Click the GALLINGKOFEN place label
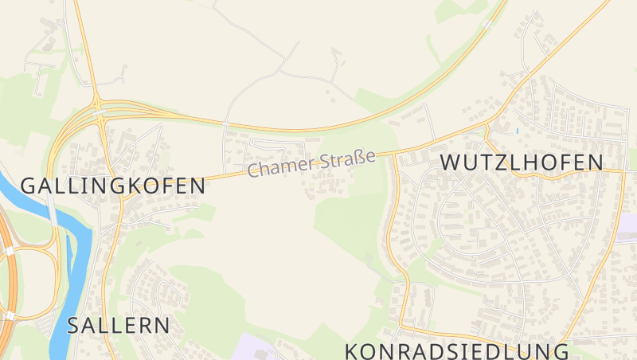pos(112,186)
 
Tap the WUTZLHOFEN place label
pos(522,162)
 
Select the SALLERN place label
pos(119,325)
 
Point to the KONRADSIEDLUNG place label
pos(457,351)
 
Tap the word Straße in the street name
pos(346,158)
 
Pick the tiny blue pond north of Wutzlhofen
pos(517,130)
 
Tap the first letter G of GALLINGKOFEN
pos(28,186)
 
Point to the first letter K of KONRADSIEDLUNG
pos(352,351)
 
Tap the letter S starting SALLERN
pos(75,325)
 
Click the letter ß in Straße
pos(358,156)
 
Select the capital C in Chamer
pos(254,170)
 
